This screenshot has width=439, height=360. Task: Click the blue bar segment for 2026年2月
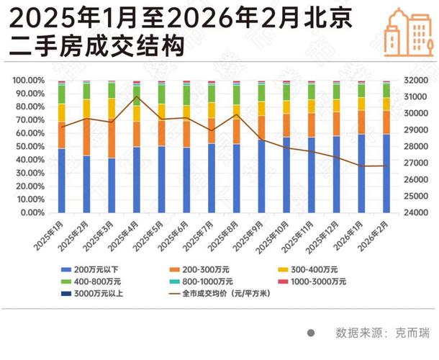(386, 173)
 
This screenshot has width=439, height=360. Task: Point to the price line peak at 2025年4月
(137, 96)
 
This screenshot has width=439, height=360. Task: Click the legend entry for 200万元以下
(93, 269)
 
